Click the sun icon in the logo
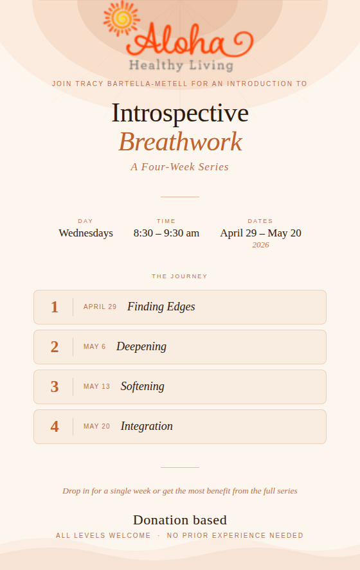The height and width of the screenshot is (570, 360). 122,19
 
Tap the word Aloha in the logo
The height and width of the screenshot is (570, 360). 190,40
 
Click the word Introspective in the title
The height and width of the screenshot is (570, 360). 180,113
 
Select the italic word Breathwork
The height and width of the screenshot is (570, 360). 181,142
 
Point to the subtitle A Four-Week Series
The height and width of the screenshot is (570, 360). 179,167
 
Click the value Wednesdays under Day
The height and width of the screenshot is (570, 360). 85,233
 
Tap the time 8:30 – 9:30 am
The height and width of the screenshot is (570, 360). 166,233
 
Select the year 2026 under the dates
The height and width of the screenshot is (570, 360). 261,245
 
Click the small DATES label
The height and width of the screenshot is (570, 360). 260,221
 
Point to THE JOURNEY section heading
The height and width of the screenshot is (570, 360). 179,276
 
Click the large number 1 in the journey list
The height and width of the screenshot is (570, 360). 55,307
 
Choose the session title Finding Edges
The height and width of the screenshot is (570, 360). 161,307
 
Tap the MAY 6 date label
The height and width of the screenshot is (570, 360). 94,347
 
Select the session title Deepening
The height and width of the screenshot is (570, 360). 141,347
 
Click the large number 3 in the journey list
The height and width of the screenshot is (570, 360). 55,387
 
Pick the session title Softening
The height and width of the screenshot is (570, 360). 143,386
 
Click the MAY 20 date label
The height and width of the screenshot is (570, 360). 96,427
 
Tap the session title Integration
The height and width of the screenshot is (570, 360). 147,426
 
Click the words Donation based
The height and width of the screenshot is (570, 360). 180,521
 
